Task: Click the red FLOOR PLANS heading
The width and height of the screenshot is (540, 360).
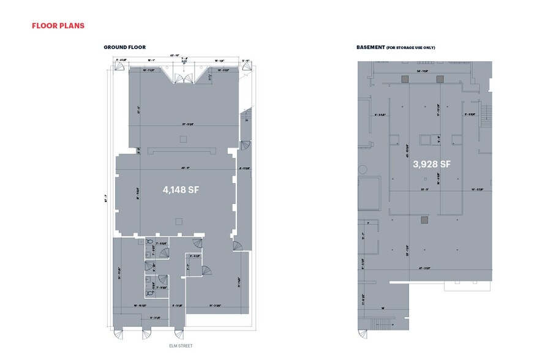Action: coord(58,26)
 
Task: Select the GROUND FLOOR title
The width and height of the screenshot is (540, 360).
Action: coord(124,47)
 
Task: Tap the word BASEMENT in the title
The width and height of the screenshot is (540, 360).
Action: coord(370,47)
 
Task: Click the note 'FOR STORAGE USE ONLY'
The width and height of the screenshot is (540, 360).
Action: coord(411,47)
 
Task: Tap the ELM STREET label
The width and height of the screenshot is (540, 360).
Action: coord(181,346)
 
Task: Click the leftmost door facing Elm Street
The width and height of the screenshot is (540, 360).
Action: coord(118,334)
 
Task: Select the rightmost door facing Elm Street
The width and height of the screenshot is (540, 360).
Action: coord(178,334)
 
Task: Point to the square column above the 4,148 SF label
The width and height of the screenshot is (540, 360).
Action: coord(182,140)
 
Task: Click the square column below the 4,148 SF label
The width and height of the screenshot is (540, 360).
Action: coord(178,221)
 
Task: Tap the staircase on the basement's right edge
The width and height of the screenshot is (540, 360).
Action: coord(487,113)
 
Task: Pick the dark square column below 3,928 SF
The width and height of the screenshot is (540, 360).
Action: coord(423,219)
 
